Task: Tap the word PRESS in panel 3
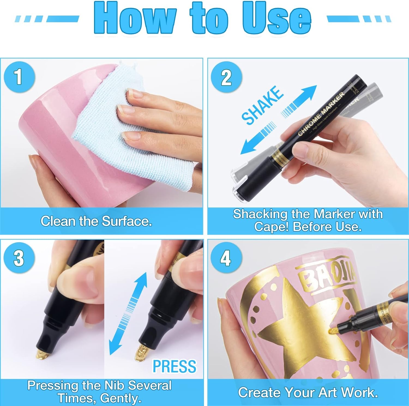tap(175, 366)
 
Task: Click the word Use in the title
tap(277, 19)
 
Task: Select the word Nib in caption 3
tap(115, 386)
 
